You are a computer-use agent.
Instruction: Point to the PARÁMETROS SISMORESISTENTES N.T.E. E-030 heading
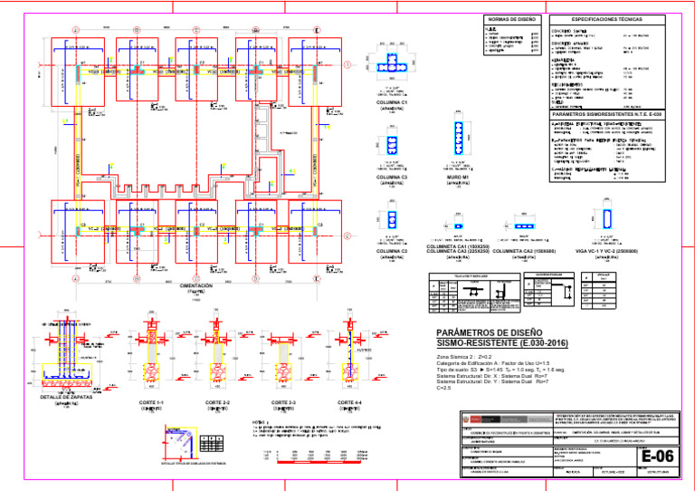[607, 116]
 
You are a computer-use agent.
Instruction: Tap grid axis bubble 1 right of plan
[348, 64]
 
